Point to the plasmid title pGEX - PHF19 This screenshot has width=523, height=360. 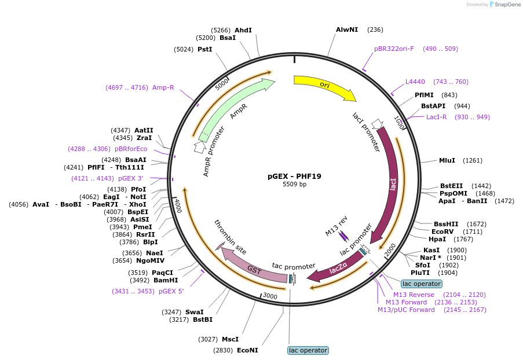coord(294,177)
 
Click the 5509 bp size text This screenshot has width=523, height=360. coord(294,184)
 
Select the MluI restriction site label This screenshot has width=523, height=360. coord(447,160)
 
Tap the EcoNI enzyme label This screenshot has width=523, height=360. coord(247,350)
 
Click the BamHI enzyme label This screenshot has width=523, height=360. coord(166,280)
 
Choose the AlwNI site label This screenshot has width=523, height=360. coord(347,30)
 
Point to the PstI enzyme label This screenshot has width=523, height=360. coord(205,49)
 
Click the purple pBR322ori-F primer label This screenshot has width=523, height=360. coord(394,49)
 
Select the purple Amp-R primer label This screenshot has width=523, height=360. coord(163,87)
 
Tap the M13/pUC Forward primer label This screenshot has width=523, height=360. coord(406,310)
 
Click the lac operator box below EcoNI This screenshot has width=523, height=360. coord(308,350)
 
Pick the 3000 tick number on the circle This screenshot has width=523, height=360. coord(270,296)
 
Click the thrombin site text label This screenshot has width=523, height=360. coord(230,237)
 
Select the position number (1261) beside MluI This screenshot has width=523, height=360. coord(473,161)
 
